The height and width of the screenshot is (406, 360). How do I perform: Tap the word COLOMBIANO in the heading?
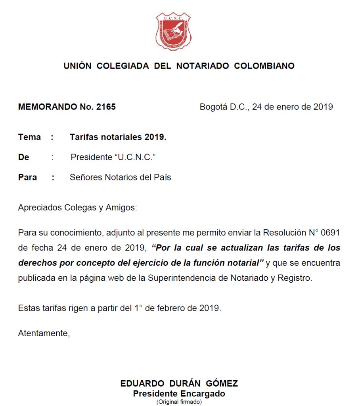(264, 66)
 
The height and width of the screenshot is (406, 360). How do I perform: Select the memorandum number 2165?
(106, 107)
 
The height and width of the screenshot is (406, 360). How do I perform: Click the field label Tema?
(29, 137)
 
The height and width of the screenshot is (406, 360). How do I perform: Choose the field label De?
(23, 157)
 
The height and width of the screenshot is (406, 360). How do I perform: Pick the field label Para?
(27, 177)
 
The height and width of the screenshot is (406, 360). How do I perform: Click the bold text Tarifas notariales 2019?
(118, 137)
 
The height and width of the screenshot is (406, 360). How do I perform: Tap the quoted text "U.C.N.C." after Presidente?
(135, 157)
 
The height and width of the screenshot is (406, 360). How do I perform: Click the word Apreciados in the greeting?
(38, 207)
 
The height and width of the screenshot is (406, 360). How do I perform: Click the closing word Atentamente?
(44, 333)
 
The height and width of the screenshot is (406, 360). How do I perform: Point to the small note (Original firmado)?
(179, 402)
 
